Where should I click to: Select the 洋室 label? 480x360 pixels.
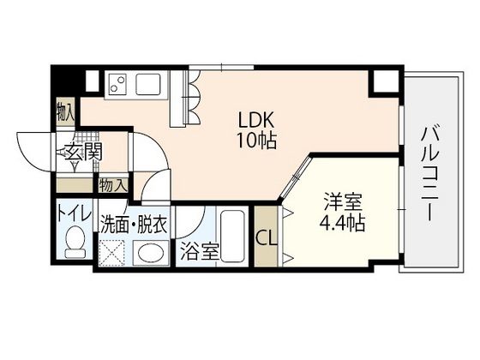click(344, 205)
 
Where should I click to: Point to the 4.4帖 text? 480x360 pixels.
click(344, 224)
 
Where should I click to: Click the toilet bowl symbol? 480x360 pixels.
click(75, 243)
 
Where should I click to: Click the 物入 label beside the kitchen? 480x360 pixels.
click(65, 111)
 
